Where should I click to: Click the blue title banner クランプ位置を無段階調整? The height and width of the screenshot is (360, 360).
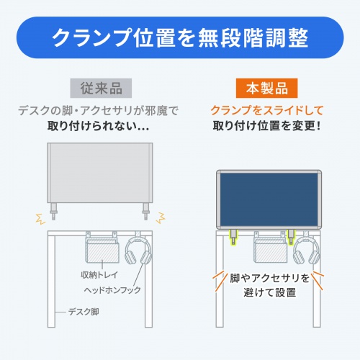click(179, 37)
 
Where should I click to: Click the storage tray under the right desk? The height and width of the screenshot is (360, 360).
click(272, 249)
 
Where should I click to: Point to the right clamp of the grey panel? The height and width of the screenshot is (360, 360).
click(146, 212)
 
